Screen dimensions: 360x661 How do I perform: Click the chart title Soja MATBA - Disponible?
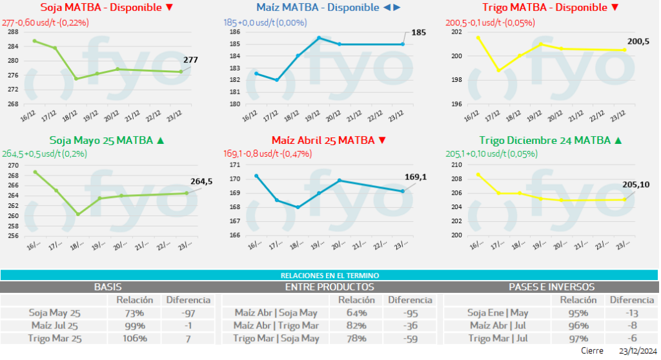107,8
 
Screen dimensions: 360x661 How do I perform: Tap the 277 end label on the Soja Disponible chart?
190,60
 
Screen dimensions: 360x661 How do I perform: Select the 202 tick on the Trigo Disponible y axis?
456,32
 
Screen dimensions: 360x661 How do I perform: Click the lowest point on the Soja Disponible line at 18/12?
76,79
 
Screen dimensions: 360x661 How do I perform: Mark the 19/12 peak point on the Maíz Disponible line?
318,37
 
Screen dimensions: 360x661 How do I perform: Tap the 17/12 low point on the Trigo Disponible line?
498,70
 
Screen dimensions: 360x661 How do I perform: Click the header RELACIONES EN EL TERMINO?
329,275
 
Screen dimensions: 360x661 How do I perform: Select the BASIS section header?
108,286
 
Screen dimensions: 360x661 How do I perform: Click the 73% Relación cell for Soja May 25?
134,313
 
